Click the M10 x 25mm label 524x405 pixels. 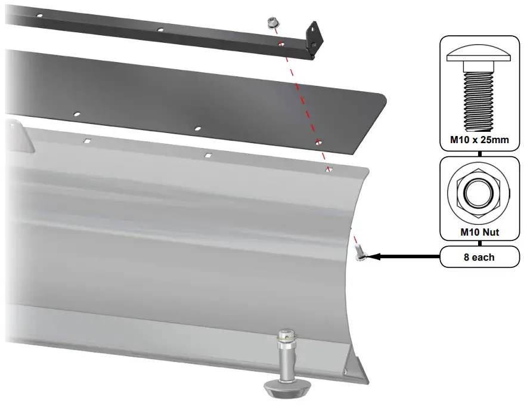point(479,140)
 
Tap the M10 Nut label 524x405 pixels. point(479,232)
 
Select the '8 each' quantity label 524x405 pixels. point(479,257)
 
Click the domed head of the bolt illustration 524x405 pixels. point(479,54)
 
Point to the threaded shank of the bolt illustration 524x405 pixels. point(479,101)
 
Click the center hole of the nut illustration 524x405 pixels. point(479,194)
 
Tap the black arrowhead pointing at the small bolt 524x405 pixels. point(374,256)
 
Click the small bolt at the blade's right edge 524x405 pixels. point(359,252)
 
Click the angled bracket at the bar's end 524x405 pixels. point(315,38)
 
